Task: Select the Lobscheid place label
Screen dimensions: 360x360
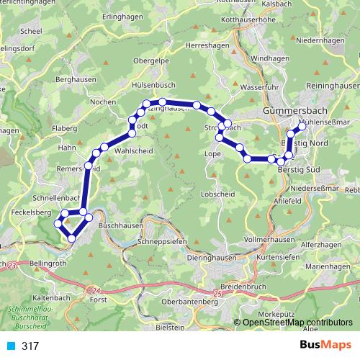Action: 218,194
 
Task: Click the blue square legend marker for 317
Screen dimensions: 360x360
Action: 7,346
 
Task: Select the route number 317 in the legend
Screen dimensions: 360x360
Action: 31,346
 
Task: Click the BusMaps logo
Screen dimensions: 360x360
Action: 329,346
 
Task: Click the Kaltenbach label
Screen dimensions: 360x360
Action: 50,296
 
